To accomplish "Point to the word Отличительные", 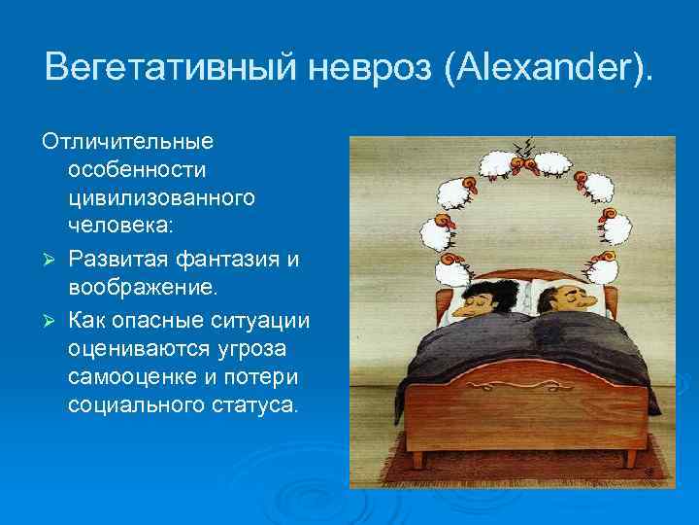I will (x=127, y=141).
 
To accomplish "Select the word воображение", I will (x=144, y=290).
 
